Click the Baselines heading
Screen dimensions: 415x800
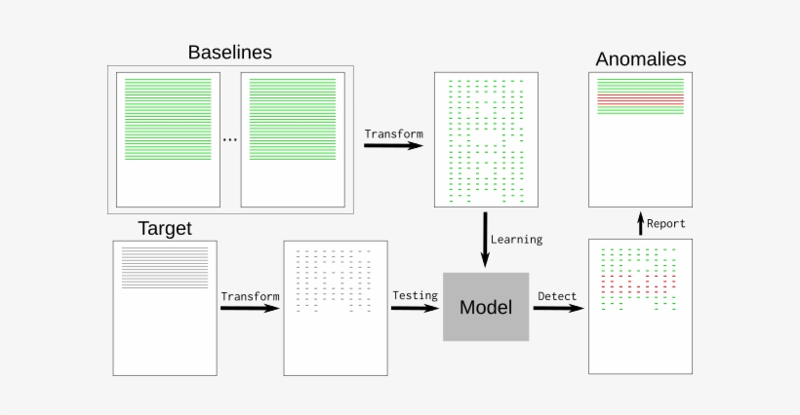[x=229, y=52]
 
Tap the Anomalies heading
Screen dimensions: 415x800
[x=641, y=58]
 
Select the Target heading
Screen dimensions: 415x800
[x=164, y=229]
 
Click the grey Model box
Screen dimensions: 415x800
[x=486, y=307]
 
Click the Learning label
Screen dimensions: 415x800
[x=517, y=239]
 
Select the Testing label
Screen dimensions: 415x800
[x=415, y=295]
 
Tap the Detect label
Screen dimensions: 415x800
[x=557, y=295]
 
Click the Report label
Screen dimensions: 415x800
[x=666, y=223]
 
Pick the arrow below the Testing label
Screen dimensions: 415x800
[x=415, y=309]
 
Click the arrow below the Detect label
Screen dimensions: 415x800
[x=558, y=309]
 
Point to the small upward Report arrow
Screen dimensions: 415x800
[x=640, y=223]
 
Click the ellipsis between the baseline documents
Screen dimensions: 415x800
[x=229, y=140]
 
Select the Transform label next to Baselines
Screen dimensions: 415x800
[x=393, y=132]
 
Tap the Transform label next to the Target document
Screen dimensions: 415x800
[x=250, y=296]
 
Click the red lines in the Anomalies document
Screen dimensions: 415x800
[x=640, y=99]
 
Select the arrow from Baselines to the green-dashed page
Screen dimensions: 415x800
[x=393, y=146]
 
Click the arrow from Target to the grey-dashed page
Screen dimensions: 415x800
[x=250, y=309]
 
